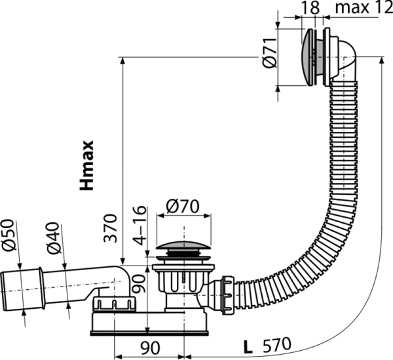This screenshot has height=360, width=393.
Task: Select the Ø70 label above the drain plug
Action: pyautogui.click(x=183, y=206)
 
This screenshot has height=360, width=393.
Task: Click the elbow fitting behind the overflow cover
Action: pyautogui.click(x=344, y=62)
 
